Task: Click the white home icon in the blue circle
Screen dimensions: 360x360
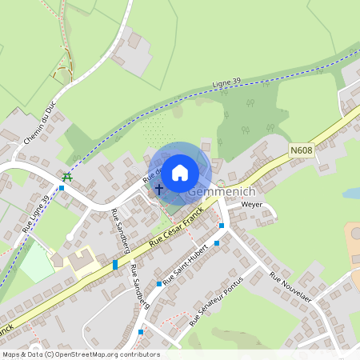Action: (x=180, y=172)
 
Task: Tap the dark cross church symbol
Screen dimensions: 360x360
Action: (x=158, y=190)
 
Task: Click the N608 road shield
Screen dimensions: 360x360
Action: (x=302, y=150)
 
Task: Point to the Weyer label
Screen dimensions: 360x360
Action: (x=252, y=205)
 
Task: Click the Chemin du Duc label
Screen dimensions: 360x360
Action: (x=40, y=125)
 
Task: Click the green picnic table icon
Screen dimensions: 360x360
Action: (x=67, y=177)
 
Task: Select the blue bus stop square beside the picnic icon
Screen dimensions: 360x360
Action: (x=62, y=188)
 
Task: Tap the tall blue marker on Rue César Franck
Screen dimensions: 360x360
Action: (x=115, y=264)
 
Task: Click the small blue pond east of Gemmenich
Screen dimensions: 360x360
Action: (x=352, y=193)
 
